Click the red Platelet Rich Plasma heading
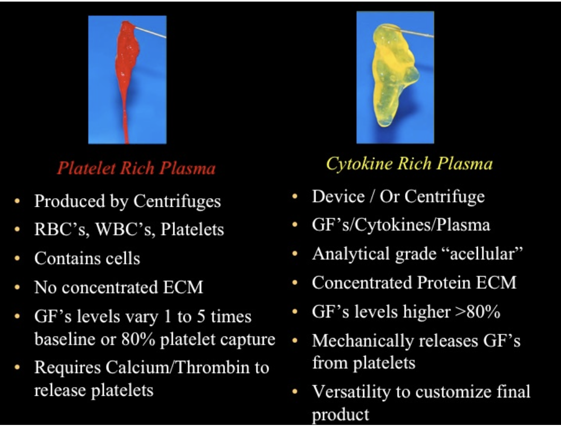pos(136,168)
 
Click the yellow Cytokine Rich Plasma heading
pos(409,164)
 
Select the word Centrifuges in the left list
pos(177,201)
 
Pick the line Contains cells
pos(87,259)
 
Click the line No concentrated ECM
pos(118,287)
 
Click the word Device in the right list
pos(338,197)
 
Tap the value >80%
pos(477,312)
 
